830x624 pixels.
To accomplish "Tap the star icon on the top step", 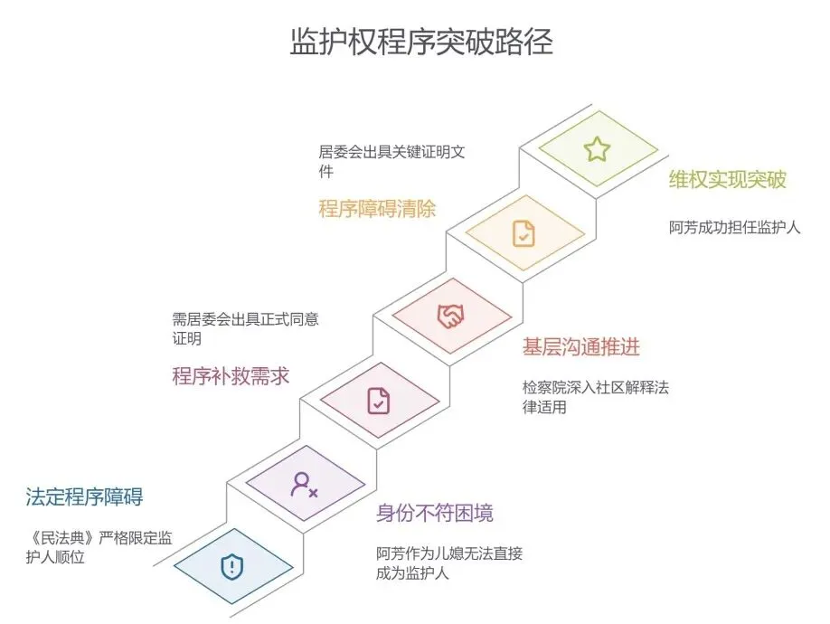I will [597, 149].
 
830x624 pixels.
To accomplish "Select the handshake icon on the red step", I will [450, 316].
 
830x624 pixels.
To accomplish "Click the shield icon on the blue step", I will [232, 567].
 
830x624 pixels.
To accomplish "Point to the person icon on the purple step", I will [303, 484].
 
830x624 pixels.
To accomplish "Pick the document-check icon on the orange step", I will [523, 233].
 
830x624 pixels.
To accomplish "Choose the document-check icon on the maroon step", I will [378, 400].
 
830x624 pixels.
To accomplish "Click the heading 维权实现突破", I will [728, 179].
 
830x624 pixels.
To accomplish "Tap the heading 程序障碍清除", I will [377, 209].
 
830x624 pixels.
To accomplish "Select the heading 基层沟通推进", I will [581, 346].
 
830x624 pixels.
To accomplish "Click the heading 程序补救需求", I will [231, 376].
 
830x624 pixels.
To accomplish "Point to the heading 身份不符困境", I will [435, 514].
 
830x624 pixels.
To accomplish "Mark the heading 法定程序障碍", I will [84, 496].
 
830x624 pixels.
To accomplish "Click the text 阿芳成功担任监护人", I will [734, 227].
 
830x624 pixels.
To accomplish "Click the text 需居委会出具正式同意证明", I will [244, 328].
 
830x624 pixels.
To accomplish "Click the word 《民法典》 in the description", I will [56, 539].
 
